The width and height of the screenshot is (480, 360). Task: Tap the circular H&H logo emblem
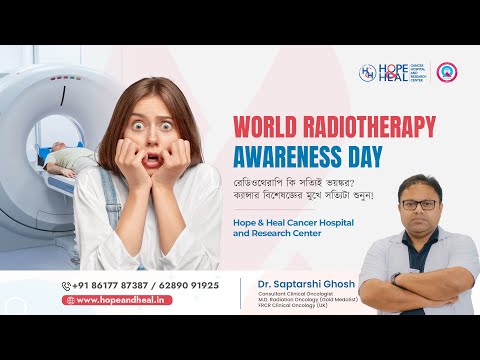(x=367, y=73)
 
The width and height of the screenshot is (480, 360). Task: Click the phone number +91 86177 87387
(x=110, y=285)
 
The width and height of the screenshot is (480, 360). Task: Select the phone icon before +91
(x=67, y=285)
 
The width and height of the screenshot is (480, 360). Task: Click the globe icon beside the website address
(x=70, y=300)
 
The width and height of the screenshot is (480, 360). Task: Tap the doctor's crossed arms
(x=420, y=265)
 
